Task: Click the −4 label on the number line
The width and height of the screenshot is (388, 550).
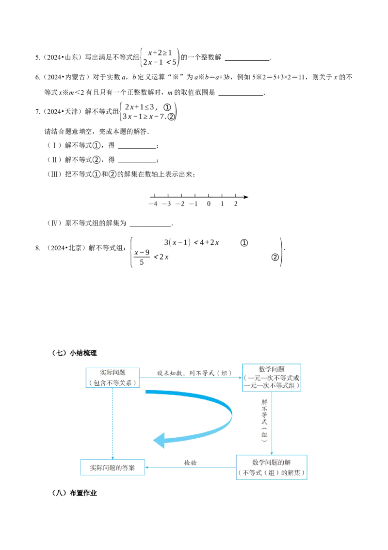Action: click(x=153, y=204)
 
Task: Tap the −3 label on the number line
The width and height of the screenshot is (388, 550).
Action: click(x=167, y=204)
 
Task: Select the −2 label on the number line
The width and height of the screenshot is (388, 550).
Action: click(x=181, y=204)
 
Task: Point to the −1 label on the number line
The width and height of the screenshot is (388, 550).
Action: click(x=194, y=204)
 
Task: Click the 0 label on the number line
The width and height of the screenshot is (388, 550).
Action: click(x=209, y=204)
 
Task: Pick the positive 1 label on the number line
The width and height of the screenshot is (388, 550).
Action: click(x=222, y=204)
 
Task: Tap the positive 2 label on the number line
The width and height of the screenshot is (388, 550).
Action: click(x=236, y=204)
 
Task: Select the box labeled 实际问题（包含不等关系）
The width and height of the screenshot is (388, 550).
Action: click(x=113, y=378)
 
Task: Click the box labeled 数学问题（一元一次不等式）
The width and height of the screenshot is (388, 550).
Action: click(x=272, y=377)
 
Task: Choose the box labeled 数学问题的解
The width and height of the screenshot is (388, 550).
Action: click(x=272, y=467)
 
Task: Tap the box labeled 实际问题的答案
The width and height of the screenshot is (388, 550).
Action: click(x=113, y=467)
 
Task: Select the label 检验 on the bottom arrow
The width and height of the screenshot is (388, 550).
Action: click(x=190, y=463)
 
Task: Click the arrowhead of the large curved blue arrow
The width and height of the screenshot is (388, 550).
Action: click(x=159, y=441)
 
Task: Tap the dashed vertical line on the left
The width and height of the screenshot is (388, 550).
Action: click(x=113, y=423)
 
